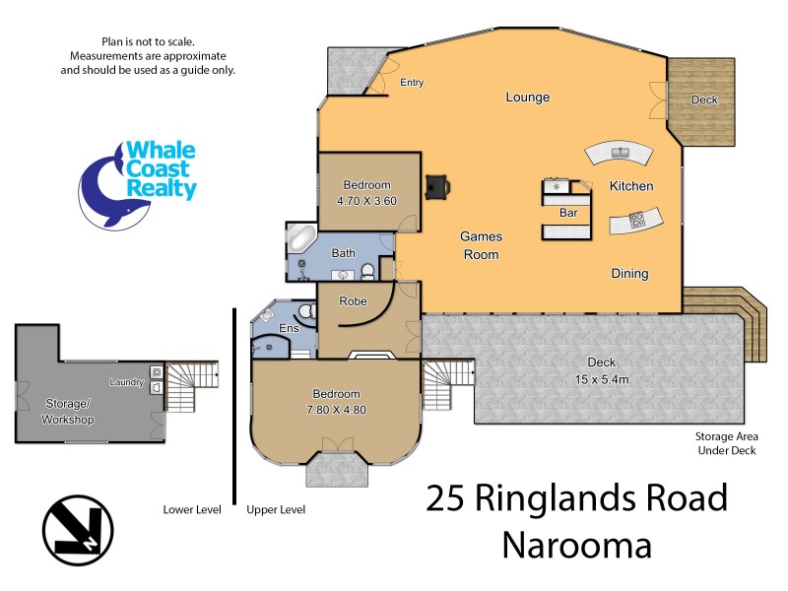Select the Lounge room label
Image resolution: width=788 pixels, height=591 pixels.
tap(527, 98)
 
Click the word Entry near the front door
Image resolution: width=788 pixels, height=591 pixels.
tap(412, 83)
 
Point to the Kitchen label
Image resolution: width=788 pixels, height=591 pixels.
tap(631, 186)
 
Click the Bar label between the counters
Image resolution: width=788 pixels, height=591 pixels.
tap(568, 212)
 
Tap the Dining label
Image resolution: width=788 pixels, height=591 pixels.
tap(629, 274)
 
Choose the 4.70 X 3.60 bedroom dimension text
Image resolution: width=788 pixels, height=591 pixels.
tap(366, 201)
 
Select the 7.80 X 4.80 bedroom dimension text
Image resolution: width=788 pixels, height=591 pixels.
tap(337, 410)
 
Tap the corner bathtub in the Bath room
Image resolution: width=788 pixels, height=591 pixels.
tap(300, 239)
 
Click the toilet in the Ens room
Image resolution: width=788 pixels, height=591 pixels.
tap(306, 313)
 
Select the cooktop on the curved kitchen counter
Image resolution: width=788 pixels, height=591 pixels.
tap(637, 219)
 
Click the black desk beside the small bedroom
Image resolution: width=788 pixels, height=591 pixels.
tap(436, 186)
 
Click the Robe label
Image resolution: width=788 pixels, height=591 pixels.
tap(353, 301)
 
